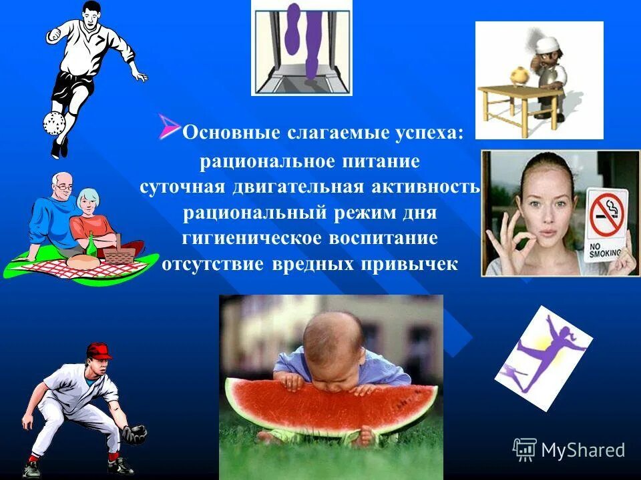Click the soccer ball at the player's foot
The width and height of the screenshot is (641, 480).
click(x=53, y=123)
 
